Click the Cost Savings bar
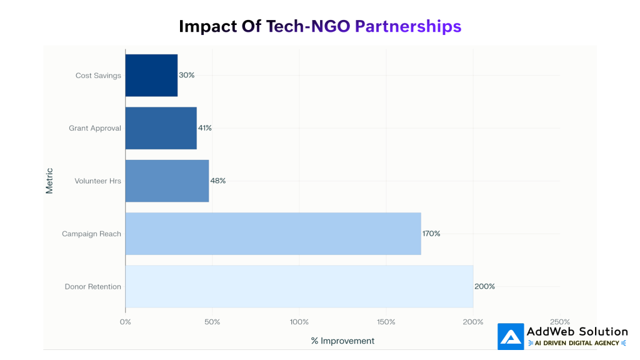151,75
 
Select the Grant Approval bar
161,128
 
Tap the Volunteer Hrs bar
167,181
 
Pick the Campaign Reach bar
272,234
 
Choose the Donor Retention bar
299,286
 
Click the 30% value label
187,75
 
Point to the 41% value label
204,128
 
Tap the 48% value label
217,181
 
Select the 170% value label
431,234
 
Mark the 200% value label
484,286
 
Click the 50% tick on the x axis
212,322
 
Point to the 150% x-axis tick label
386,322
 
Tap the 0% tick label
125,322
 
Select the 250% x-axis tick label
559,322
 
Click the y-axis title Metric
49,181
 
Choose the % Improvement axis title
342,341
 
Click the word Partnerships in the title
407,26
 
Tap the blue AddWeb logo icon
511,336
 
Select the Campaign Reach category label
91,234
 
